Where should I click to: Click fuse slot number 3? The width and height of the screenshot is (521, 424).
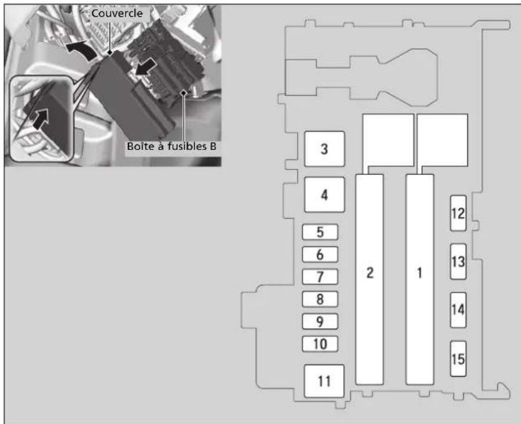324,149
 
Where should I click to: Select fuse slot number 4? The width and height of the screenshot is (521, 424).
324,195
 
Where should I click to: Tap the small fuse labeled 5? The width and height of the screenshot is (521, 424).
320,232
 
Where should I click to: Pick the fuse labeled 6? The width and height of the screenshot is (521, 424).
320,255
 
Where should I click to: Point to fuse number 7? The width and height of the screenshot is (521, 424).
320,277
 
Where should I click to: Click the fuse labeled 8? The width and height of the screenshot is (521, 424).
320,299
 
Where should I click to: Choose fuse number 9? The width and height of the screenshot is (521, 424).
320,321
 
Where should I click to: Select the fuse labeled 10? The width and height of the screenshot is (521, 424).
320,344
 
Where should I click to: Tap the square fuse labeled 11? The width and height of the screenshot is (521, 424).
324,381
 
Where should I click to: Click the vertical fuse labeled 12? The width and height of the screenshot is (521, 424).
458,213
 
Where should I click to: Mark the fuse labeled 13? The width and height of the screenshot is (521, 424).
458,261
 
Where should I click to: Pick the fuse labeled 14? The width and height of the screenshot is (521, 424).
458,310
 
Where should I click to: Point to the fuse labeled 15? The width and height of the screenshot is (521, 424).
458,359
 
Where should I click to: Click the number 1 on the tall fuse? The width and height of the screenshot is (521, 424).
420,273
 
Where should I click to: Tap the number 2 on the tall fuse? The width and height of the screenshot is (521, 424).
370,273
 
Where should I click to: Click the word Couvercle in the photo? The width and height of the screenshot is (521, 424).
117,13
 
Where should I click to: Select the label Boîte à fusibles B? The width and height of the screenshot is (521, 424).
171,146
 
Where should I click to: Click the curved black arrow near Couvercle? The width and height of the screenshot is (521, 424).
80,50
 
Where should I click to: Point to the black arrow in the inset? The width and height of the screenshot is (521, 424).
40,119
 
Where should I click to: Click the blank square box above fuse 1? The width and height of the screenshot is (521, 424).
443,140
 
